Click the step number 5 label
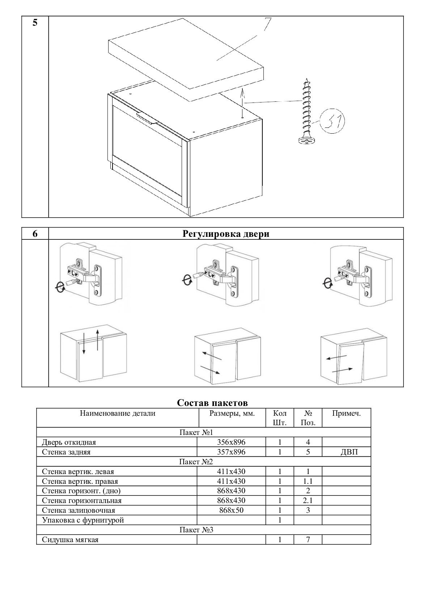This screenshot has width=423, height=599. (35, 22)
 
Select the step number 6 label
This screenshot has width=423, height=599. (35, 234)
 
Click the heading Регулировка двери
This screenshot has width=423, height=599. (226, 234)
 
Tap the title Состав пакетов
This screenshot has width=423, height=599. (212, 403)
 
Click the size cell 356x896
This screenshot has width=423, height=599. (232, 442)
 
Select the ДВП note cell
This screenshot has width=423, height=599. (346, 452)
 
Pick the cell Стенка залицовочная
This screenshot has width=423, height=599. (79, 510)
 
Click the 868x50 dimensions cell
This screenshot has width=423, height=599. (232, 510)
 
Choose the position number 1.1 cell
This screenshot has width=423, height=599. (308, 481)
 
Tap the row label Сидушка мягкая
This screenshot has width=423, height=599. (70, 540)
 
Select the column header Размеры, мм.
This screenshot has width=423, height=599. (232, 413)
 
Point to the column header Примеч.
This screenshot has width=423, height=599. (346, 413)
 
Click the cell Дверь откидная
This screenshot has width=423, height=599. (69, 442)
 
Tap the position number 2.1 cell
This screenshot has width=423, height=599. (308, 500)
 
